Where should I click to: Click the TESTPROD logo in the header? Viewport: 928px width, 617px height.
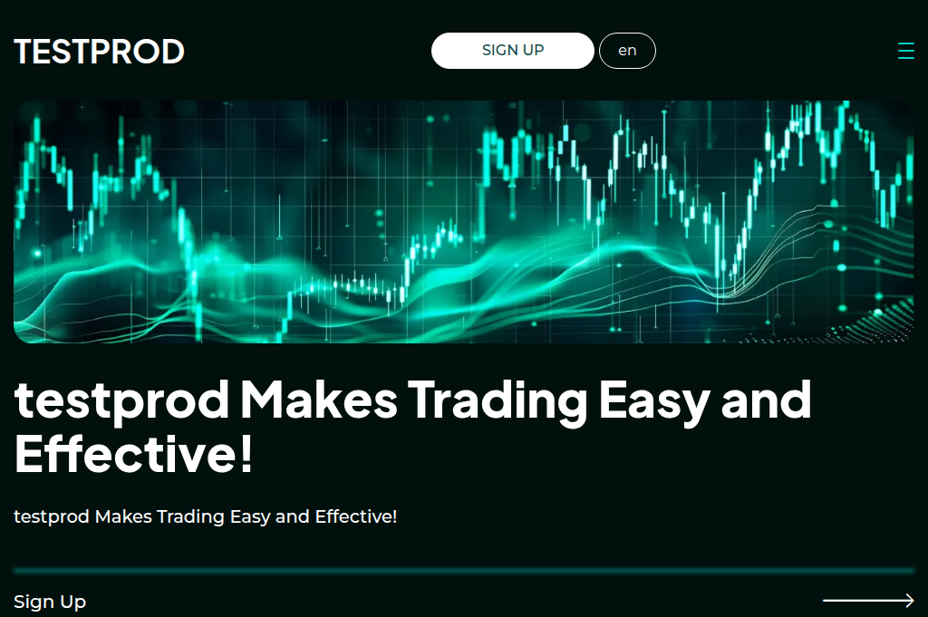pos(99,52)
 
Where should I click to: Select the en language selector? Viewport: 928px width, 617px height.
pos(627,51)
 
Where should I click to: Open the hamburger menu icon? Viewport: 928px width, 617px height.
pos(905,51)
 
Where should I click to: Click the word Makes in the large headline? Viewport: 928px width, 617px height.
pos(318,400)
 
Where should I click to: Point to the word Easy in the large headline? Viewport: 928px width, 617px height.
pos(654,400)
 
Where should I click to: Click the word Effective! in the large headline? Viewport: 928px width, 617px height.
pos(133,454)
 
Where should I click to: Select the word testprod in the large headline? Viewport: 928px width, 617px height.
pos(121,401)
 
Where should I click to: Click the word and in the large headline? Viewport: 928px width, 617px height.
pos(766,400)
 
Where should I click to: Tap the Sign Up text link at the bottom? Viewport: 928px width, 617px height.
pos(50,602)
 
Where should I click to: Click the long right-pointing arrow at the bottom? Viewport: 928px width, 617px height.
pos(868,600)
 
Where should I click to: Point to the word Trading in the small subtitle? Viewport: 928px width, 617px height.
pos(190,516)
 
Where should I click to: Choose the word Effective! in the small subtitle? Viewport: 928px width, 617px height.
pos(355,516)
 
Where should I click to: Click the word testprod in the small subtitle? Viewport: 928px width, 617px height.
pos(52,516)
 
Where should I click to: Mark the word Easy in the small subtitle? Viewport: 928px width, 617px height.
pos(250,516)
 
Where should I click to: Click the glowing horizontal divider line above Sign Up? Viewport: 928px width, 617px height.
pos(464,571)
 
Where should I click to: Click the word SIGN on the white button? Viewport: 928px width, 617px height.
pos(499,51)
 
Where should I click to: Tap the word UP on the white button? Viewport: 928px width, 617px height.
pos(533,51)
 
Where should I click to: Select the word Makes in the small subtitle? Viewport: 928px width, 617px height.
pos(123,516)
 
